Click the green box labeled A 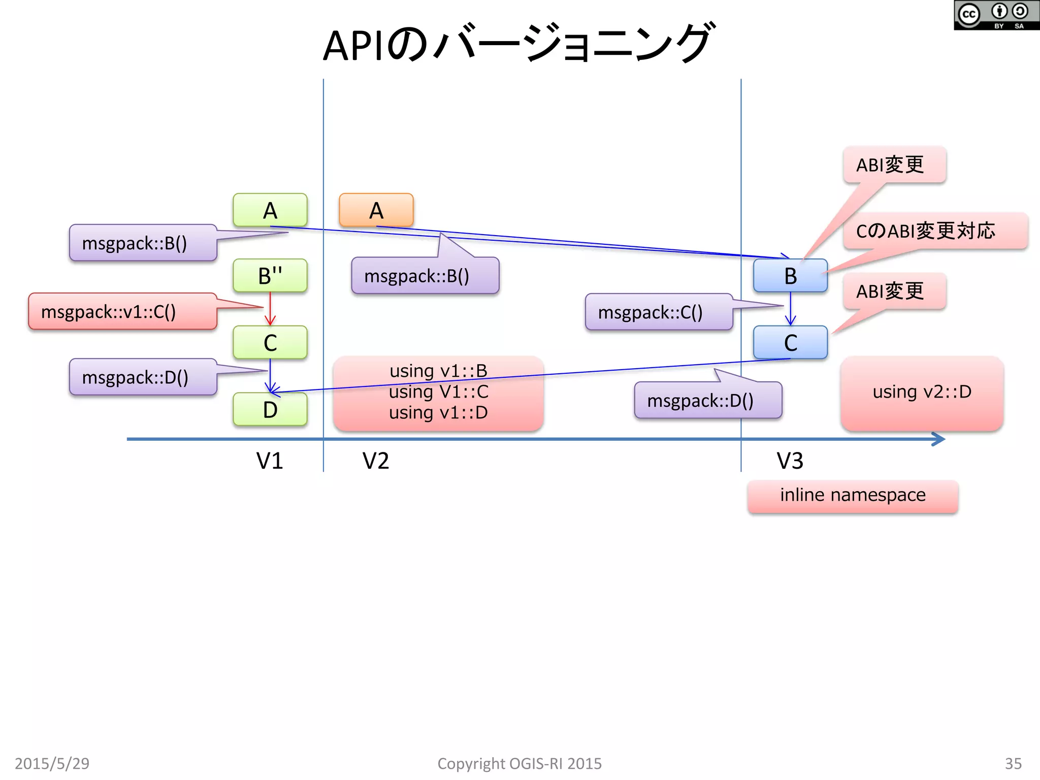(x=270, y=210)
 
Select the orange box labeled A (x=376, y=210)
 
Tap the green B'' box (x=270, y=276)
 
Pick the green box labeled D (x=270, y=409)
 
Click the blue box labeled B (x=790, y=276)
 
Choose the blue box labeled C (x=790, y=343)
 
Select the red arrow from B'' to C (x=270, y=308)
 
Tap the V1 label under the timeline (x=269, y=461)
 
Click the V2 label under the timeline (x=376, y=461)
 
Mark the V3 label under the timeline (x=790, y=461)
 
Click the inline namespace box (x=853, y=496)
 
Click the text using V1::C (x=438, y=392)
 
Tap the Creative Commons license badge (x=996, y=15)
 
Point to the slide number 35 (x=1013, y=763)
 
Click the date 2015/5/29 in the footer (x=52, y=763)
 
